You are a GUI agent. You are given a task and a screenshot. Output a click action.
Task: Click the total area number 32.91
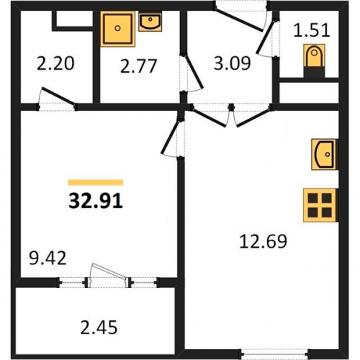point(96,201)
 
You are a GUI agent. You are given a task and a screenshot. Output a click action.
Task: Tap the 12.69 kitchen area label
point(264,241)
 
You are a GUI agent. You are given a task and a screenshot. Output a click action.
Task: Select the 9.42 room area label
point(48,258)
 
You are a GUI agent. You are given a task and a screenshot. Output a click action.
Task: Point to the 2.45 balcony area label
point(99,328)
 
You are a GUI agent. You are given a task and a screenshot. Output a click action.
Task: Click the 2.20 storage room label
point(55,63)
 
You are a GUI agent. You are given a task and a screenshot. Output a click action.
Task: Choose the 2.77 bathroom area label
point(138,66)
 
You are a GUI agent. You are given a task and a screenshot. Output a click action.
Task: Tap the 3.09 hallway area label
point(232,63)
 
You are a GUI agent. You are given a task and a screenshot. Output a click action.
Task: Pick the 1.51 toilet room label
point(312,30)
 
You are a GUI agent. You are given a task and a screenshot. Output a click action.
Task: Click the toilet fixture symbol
point(314,60)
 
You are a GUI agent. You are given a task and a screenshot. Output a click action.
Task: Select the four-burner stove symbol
point(320,205)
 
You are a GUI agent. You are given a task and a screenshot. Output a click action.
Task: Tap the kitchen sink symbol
point(325,154)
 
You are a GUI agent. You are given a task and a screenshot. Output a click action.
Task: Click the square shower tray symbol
point(117,29)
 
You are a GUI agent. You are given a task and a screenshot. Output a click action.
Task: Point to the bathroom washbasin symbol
point(150,22)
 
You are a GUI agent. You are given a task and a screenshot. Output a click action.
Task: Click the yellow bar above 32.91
point(96,182)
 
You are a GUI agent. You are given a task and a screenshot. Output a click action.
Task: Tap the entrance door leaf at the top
point(238,19)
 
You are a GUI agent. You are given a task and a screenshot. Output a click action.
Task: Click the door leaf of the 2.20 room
point(58,96)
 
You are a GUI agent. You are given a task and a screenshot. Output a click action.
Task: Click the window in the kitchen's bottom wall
point(275,354)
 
